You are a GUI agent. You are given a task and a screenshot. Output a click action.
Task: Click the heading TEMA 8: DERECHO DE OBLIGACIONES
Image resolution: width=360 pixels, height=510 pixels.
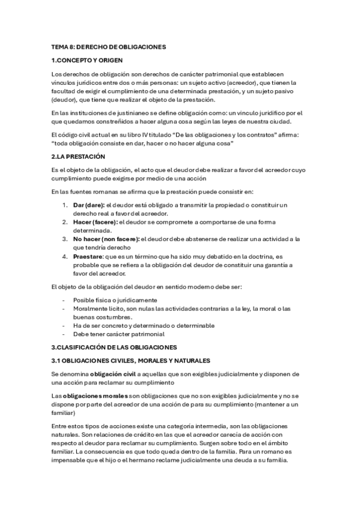[108, 46]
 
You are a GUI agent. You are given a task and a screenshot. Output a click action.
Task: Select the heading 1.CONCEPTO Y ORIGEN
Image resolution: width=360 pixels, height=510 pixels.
[88, 60]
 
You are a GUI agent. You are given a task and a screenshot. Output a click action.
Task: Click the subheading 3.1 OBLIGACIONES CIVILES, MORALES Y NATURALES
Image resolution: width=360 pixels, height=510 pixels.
[130, 360]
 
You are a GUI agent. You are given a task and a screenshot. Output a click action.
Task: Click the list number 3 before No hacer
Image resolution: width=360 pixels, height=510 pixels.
[66, 239]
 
